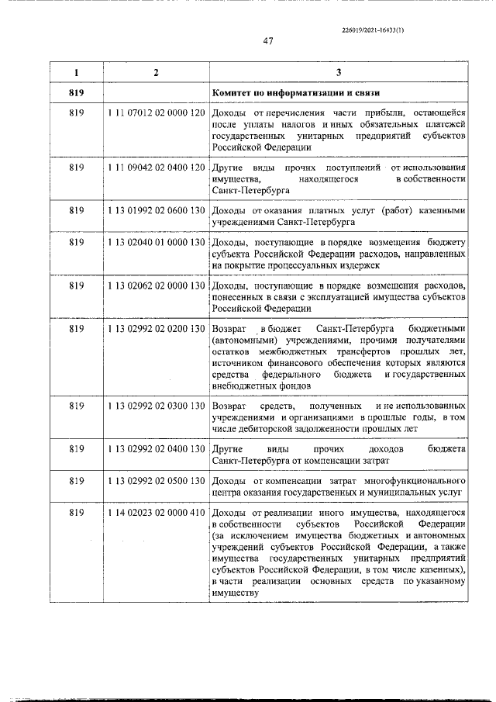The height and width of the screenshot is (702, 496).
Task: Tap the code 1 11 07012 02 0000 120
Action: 156,114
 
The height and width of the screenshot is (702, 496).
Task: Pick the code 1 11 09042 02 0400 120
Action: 156,168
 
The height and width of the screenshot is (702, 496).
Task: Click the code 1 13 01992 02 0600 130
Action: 156,210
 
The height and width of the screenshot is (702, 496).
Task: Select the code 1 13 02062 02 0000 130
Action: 156,286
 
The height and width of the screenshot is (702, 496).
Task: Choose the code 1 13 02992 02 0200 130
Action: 156,330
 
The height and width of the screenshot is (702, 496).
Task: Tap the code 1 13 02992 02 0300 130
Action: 156,406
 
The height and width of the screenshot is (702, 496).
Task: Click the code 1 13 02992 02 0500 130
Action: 156,482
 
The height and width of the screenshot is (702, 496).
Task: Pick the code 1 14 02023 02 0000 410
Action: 156,514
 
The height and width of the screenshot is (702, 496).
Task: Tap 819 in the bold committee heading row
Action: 76,94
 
